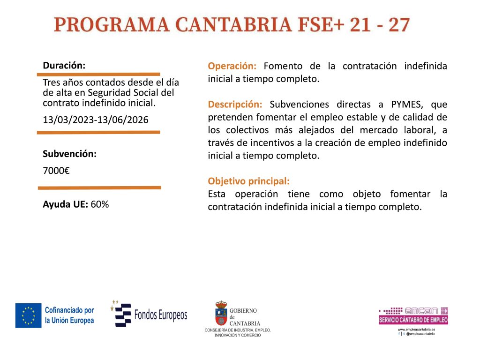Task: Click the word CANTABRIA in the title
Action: (x=233, y=25)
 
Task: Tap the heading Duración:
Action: (x=64, y=66)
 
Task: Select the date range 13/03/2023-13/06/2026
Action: (x=96, y=120)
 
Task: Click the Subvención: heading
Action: (x=69, y=154)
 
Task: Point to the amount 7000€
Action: (x=56, y=171)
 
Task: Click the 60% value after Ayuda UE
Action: (x=100, y=204)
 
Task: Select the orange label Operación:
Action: (x=232, y=66)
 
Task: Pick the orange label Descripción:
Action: (x=235, y=105)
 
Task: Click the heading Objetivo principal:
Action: (x=248, y=181)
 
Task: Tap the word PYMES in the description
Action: (x=407, y=105)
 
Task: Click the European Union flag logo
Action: (x=29, y=315)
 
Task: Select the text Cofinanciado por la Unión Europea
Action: (x=69, y=315)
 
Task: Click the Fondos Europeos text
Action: (x=161, y=315)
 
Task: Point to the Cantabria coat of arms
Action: (x=221, y=313)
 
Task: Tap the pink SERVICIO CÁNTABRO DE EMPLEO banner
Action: (x=413, y=320)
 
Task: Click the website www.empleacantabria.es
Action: (x=416, y=330)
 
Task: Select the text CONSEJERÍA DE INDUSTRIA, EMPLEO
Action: (x=238, y=330)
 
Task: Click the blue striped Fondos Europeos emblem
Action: (x=121, y=314)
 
